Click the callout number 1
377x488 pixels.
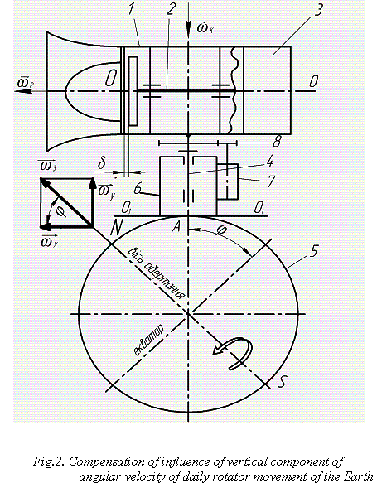pyautogui.click(x=132, y=8)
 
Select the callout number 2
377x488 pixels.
pyautogui.click(x=171, y=8)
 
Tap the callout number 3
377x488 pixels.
pyautogui.click(x=318, y=9)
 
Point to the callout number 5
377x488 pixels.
pyautogui.click(x=313, y=251)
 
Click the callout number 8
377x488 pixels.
pyautogui.click(x=277, y=142)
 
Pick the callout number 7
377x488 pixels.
pyautogui.click(x=271, y=181)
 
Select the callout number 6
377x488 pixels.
pyautogui.click(x=138, y=190)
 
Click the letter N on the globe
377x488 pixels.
pyautogui.click(x=116, y=228)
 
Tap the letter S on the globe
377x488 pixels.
pyautogui.click(x=282, y=382)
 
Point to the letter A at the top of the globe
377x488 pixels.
pyautogui.click(x=176, y=226)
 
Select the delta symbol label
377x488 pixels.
pyautogui.click(x=101, y=163)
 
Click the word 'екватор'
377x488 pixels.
pyautogui.click(x=148, y=341)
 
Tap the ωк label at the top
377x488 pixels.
pyautogui.click(x=205, y=28)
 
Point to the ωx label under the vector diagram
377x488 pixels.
pyautogui.click(x=50, y=242)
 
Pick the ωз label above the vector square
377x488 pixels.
pyautogui.click(x=47, y=166)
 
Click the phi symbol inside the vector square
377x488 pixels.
pyautogui.click(x=61, y=212)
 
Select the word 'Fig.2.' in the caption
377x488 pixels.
pyautogui.click(x=49, y=461)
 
